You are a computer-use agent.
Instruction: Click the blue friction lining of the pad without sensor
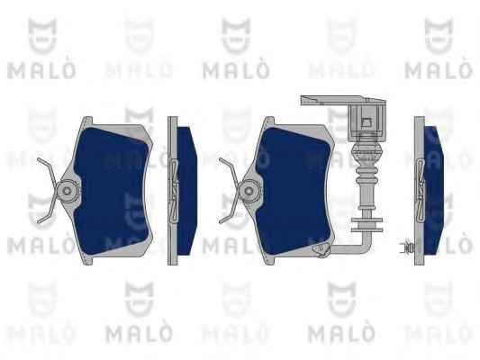[x=113, y=191]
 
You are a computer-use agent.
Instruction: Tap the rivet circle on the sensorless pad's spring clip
[x=67, y=191]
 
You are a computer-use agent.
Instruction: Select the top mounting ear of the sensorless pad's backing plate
[x=86, y=121]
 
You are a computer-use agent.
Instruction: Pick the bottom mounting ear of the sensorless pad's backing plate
[x=87, y=260]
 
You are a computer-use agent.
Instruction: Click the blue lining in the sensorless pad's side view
[x=186, y=191]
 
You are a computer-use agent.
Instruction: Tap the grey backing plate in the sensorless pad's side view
[x=172, y=191]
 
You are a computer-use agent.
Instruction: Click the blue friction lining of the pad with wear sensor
[x=294, y=191]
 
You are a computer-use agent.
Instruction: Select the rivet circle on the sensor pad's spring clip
[x=249, y=191]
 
